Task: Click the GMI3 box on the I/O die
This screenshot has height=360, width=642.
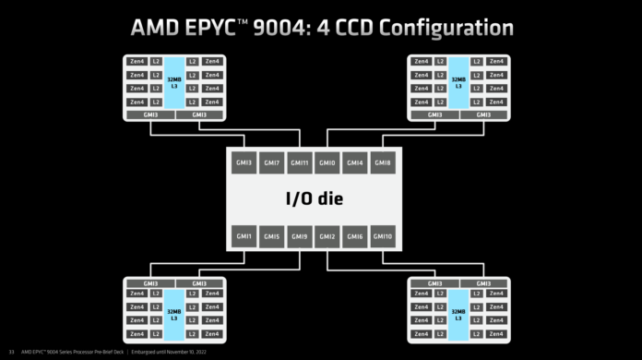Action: (244, 162)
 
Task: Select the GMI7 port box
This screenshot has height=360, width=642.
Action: (271, 162)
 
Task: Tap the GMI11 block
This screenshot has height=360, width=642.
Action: (300, 162)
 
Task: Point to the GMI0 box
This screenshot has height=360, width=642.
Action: (327, 162)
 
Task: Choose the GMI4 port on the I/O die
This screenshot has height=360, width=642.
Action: (355, 162)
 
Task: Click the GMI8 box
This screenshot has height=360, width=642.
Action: (383, 162)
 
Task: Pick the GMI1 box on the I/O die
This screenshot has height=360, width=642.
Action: (244, 236)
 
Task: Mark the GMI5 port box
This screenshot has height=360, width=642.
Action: (271, 236)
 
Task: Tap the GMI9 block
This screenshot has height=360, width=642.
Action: (300, 236)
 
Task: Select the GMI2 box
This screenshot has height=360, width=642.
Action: (327, 236)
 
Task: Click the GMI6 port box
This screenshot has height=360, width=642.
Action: (355, 236)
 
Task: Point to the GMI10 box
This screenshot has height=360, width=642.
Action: (383, 236)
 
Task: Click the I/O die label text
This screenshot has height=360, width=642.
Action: (314, 199)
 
